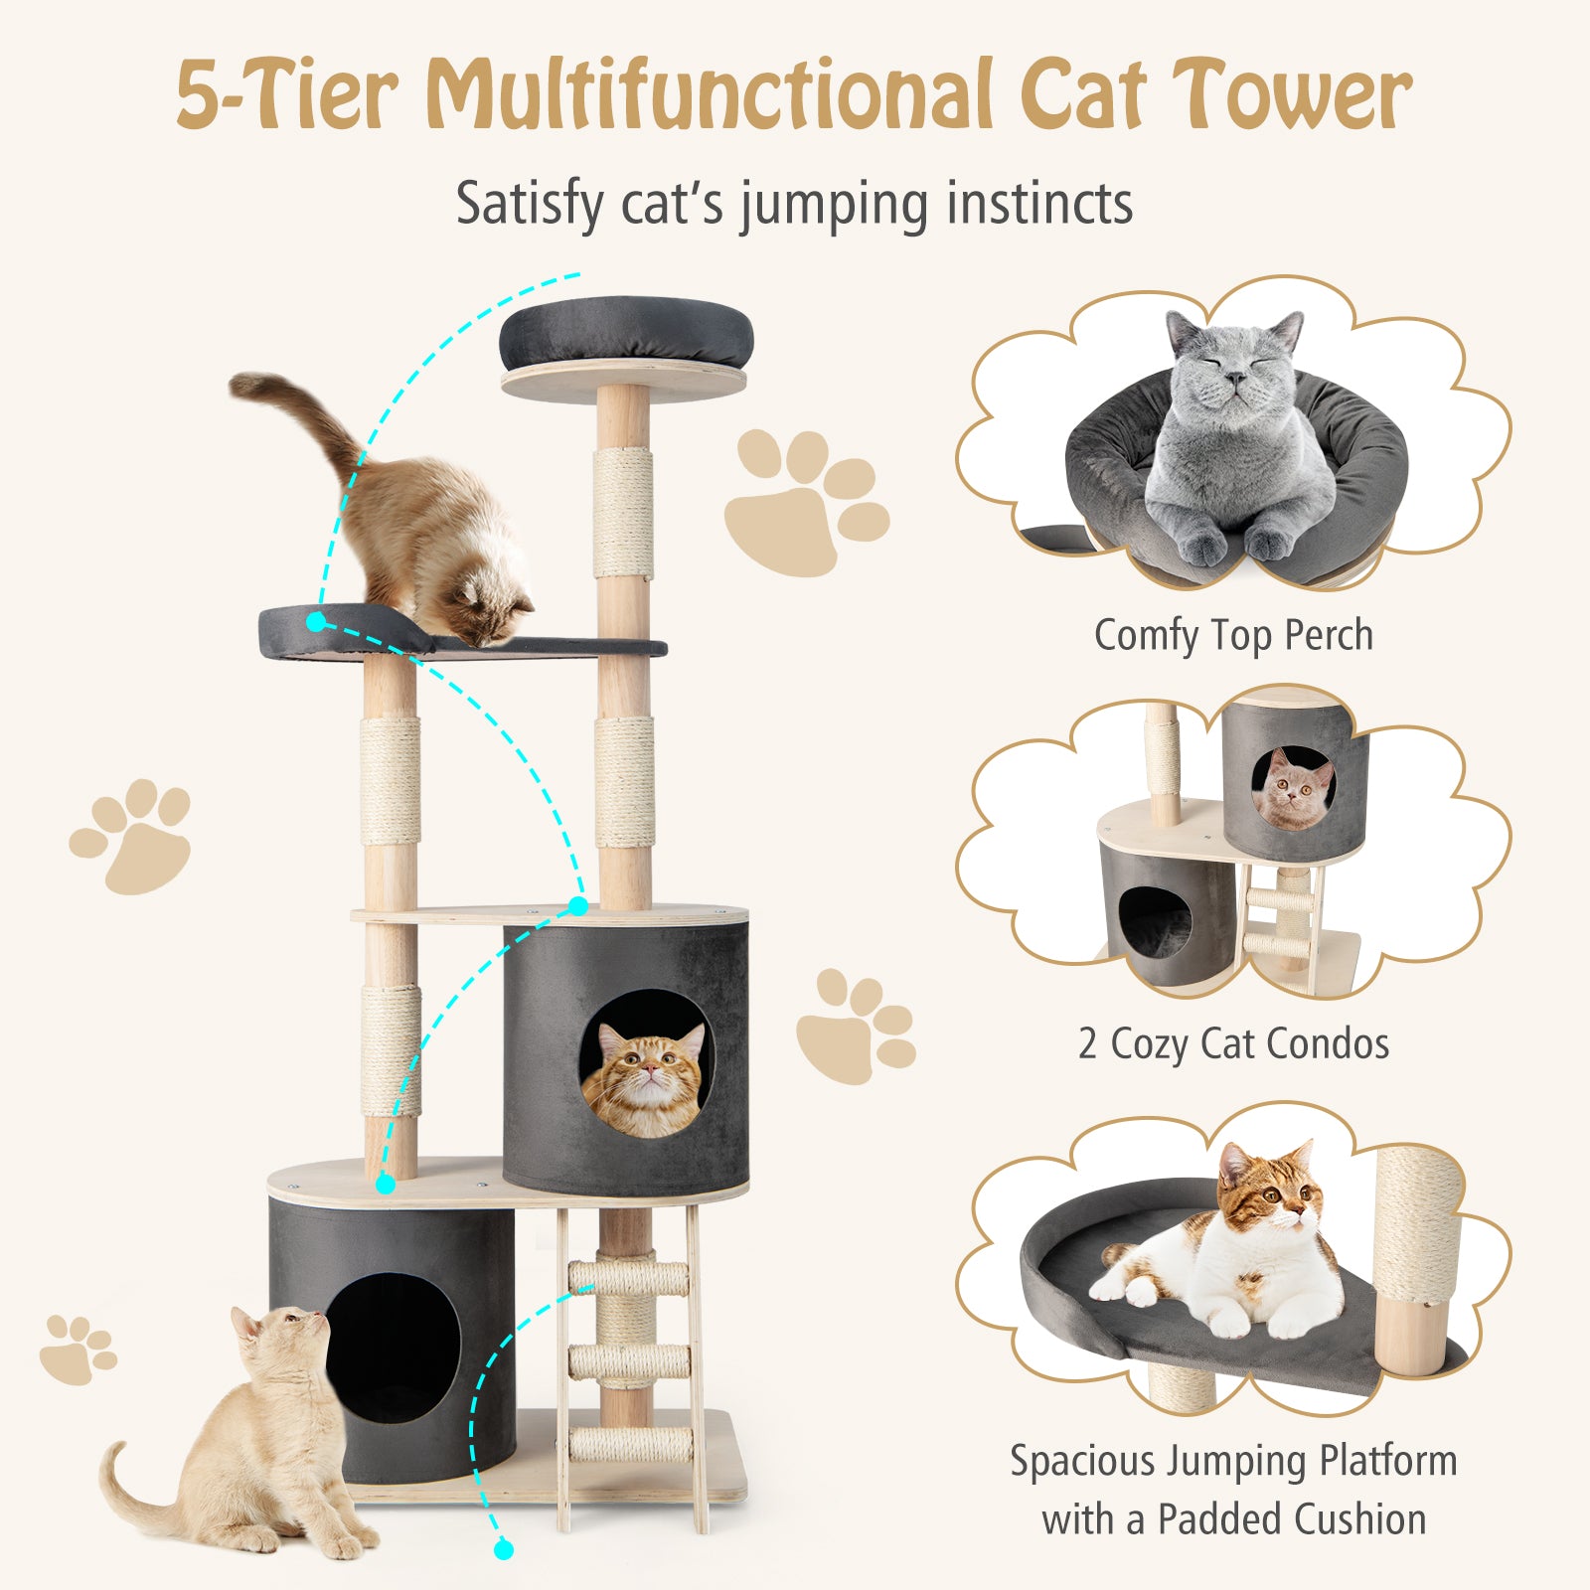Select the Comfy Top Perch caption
(1233, 636)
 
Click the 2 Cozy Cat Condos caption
(1233, 1044)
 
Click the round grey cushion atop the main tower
(626, 333)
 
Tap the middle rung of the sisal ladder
(628, 1359)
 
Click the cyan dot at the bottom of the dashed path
(504, 1548)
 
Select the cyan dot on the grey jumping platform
(316, 622)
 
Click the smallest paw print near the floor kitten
(78, 1349)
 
